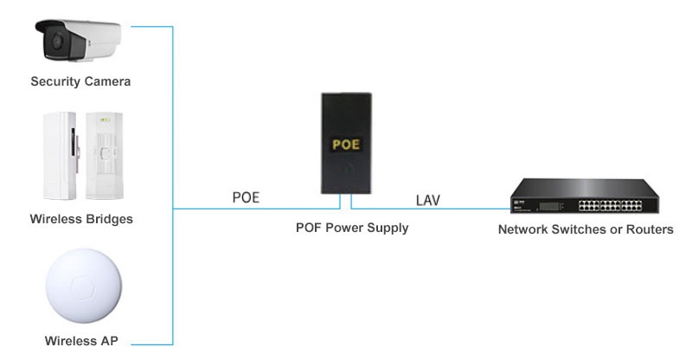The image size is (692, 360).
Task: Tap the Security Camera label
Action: pyautogui.click(x=80, y=82)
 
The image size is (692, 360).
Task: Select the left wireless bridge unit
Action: pyautogui.click(x=58, y=155)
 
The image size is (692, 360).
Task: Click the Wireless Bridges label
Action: pyautogui.click(x=80, y=219)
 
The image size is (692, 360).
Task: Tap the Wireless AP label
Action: pyautogui.click(x=80, y=341)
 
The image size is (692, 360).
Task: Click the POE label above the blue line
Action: pyautogui.click(x=246, y=198)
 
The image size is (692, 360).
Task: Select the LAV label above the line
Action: pyautogui.click(x=427, y=201)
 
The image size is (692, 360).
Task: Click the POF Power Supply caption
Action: pyautogui.click(x=352, y=228)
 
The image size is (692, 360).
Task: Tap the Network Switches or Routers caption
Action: pyautogui.click(x=586, y=230)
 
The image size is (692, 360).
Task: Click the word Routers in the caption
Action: pyautogui.click(x=649, y=230)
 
